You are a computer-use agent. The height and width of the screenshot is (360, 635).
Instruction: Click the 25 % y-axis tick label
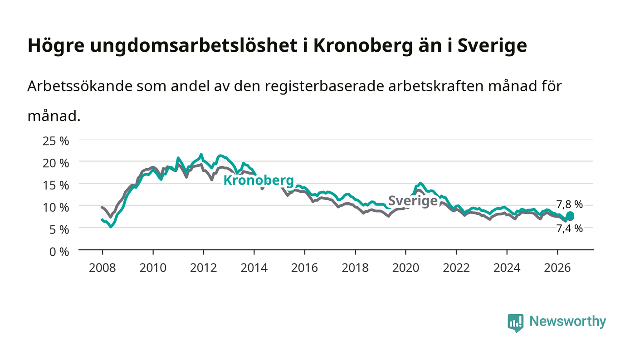point(56,141)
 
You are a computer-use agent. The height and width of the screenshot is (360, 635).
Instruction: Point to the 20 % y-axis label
point(56,163)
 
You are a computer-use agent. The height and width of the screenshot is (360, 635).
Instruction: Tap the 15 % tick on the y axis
point(56,185)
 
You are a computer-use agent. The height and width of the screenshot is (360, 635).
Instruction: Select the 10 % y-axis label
point(56,207)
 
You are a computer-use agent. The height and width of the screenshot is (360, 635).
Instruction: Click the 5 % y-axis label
point(59,229)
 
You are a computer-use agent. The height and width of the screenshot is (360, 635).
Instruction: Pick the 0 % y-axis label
point(59,252)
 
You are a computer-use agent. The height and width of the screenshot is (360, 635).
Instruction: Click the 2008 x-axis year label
point(103,268)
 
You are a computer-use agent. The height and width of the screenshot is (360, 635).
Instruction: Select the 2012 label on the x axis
point(204,268)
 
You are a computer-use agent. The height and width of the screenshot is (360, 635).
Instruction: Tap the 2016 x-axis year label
point(304,268)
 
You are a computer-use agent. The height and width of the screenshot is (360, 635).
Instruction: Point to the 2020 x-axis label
point(405,268)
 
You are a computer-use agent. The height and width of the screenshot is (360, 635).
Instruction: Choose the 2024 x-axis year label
point(507,268)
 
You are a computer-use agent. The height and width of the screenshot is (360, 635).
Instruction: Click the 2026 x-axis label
point(557,268)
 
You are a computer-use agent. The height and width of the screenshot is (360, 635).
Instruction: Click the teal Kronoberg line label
point(259,180)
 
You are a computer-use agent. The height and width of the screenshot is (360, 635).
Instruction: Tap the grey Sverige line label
point(413,201)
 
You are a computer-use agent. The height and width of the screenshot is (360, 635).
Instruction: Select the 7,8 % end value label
point(570,204)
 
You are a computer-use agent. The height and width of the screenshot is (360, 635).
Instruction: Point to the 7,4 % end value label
point(570,229)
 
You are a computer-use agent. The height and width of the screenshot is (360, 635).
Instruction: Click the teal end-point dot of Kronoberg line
point(570,215)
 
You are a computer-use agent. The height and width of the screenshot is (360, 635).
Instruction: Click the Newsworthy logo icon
point(515,323)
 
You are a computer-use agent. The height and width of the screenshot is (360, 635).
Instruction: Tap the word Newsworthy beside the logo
point(568,321)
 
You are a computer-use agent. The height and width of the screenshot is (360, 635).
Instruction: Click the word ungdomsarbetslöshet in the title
point(194,46)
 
